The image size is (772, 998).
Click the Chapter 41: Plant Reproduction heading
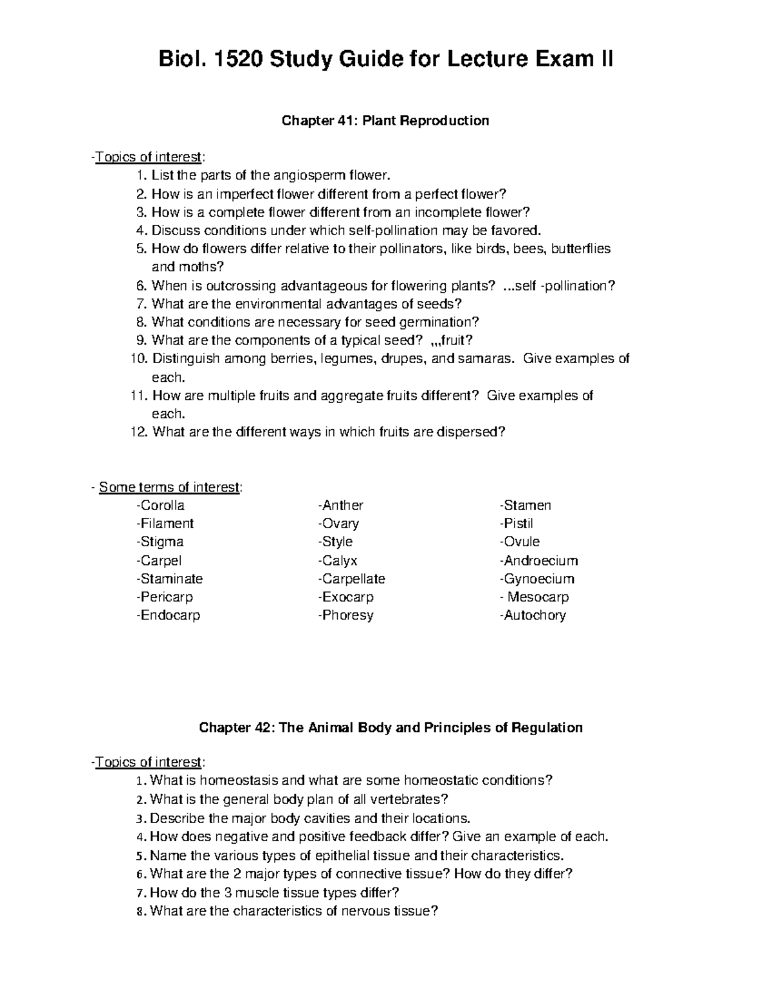point(386,121)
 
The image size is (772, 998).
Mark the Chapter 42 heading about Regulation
point(391,727)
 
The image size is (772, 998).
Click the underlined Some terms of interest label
point(169,487)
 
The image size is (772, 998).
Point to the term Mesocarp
point(537,597)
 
